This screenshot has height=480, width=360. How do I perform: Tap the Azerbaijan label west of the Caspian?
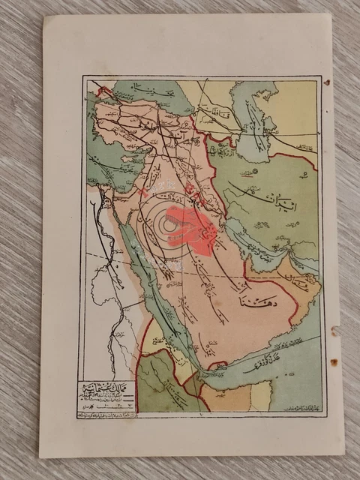pos(222,140)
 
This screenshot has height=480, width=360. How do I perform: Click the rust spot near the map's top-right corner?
pos(328,82)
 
